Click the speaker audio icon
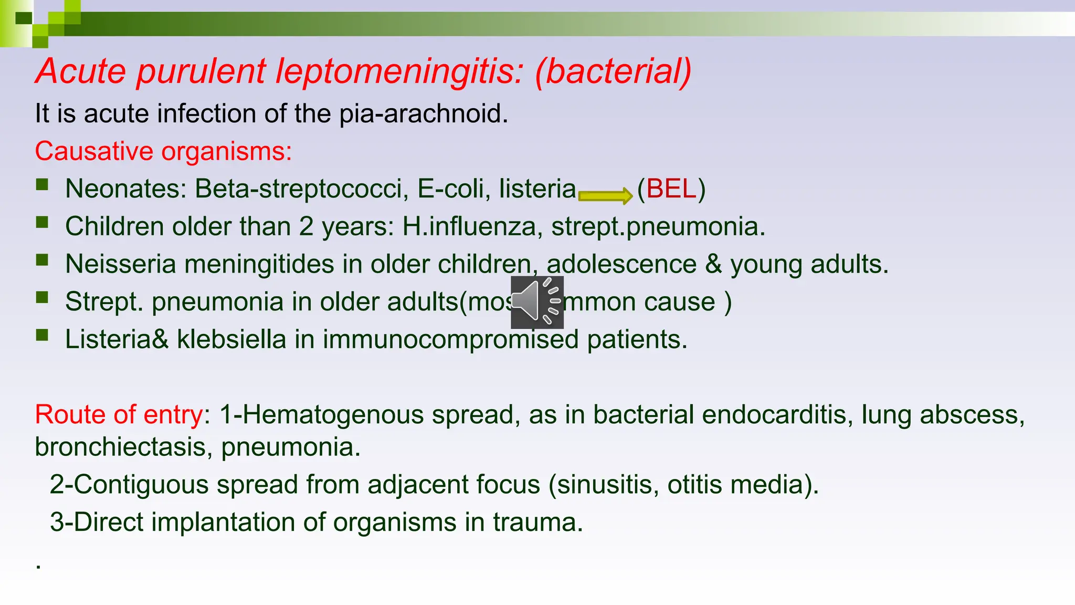point(537,302)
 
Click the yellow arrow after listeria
point(605,196)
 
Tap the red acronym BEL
point(671,189)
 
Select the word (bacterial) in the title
point(613,71)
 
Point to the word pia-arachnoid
point(423,114)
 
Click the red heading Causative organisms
point(163,152)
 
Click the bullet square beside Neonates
point(42,185)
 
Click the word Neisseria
point(120,264)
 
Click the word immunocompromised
point(450,339)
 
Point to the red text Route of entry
point(119,415)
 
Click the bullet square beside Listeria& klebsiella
point(42,335)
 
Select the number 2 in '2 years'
point(307,226)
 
